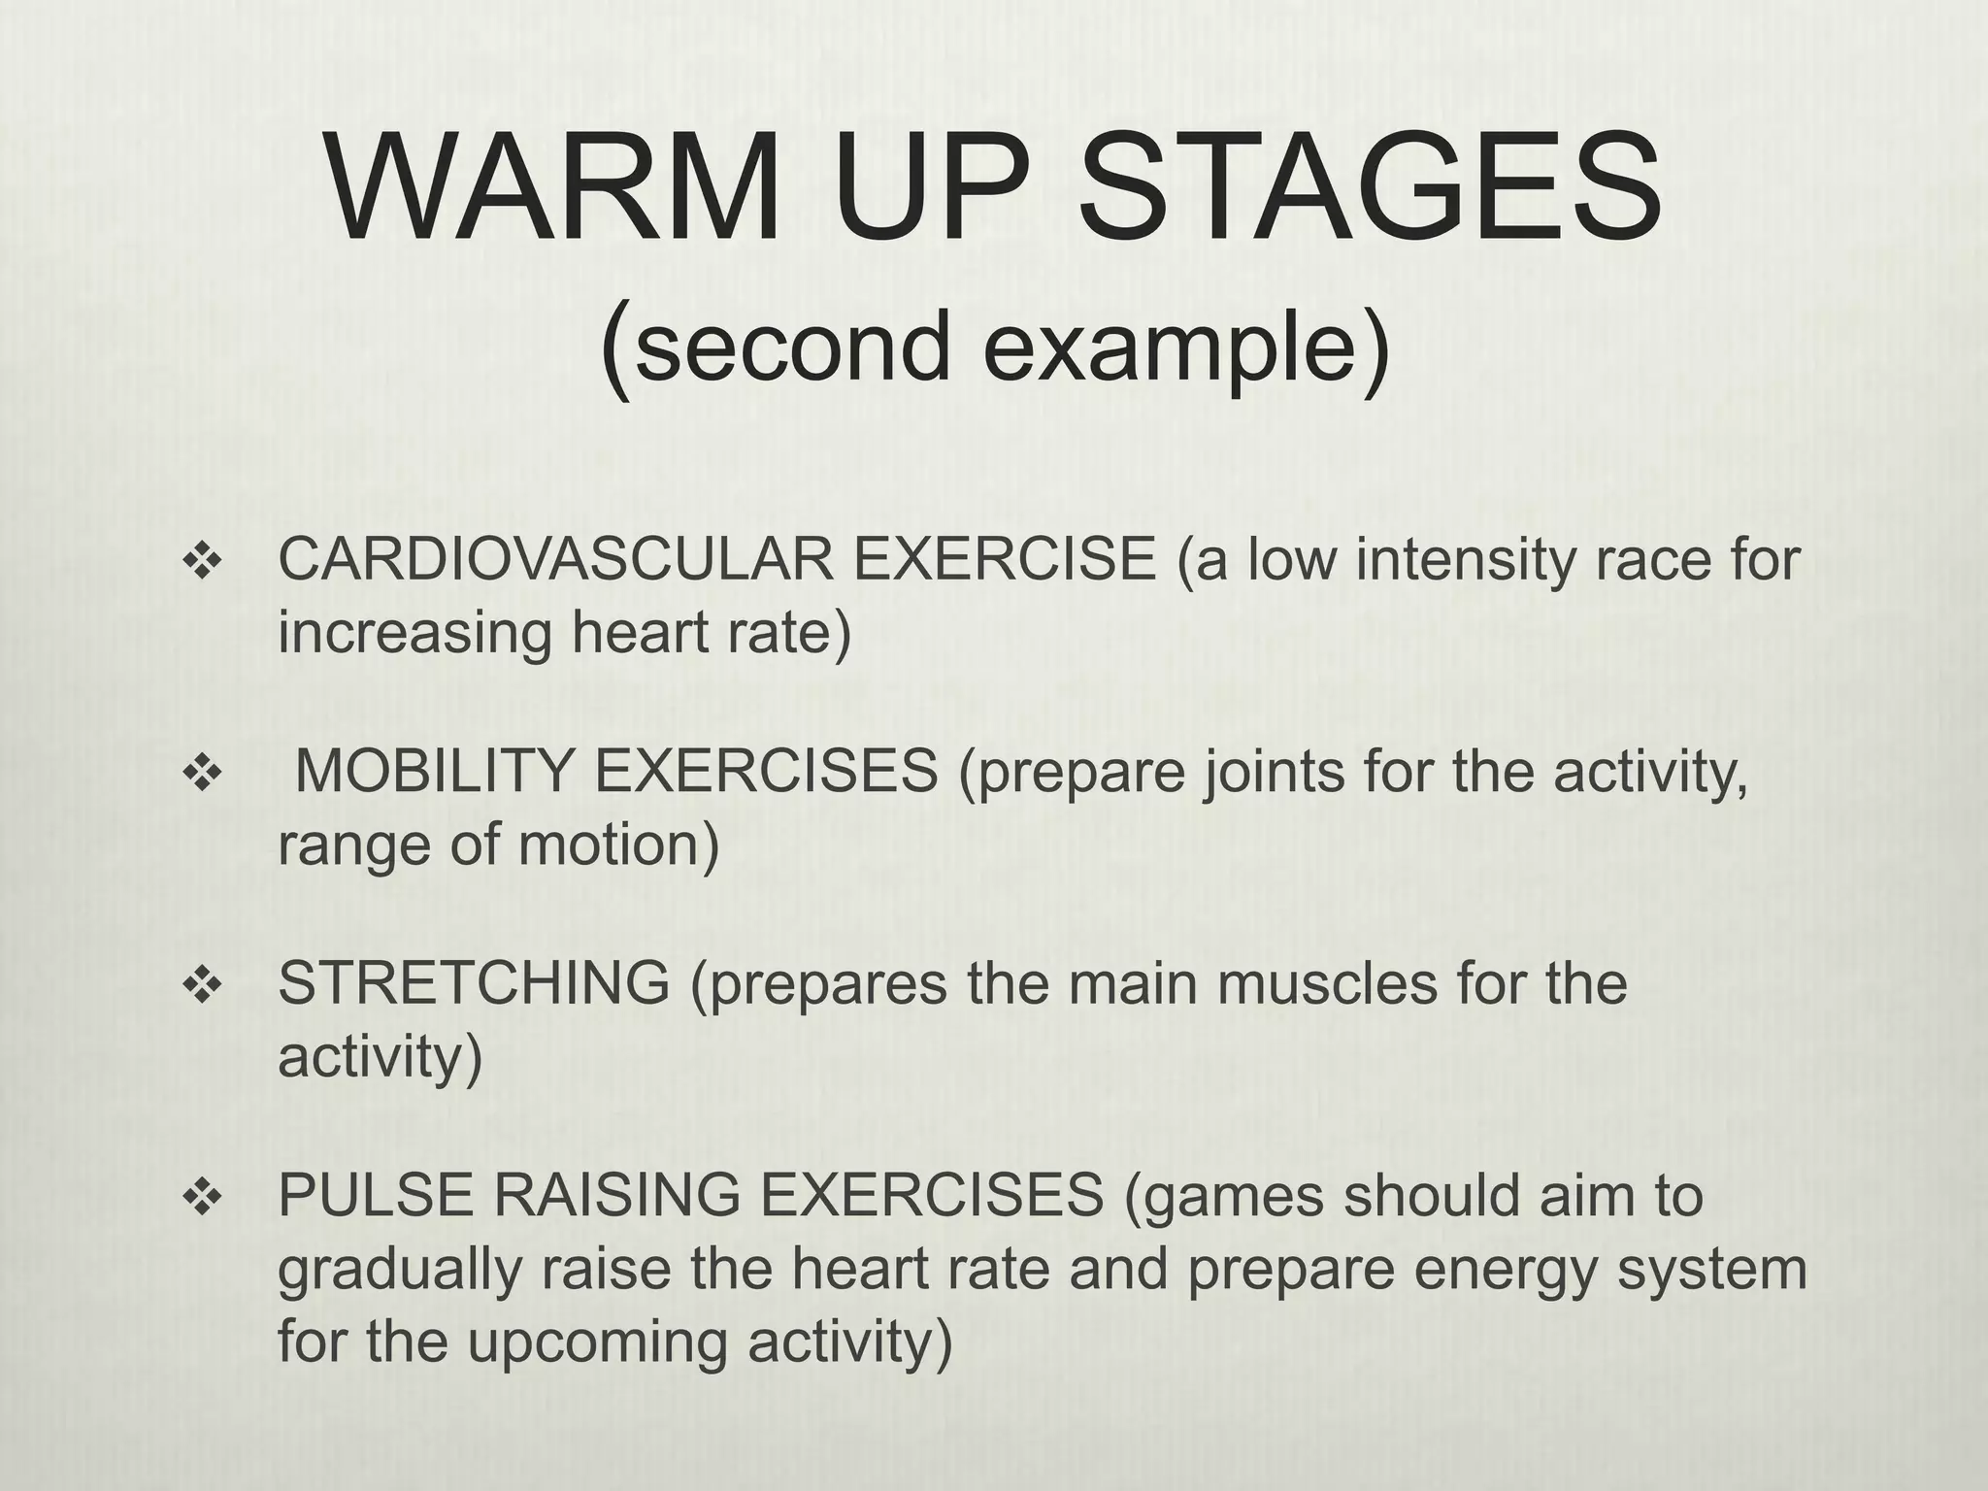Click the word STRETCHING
tap(474, 983)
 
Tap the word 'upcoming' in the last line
tap(596, 1342)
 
